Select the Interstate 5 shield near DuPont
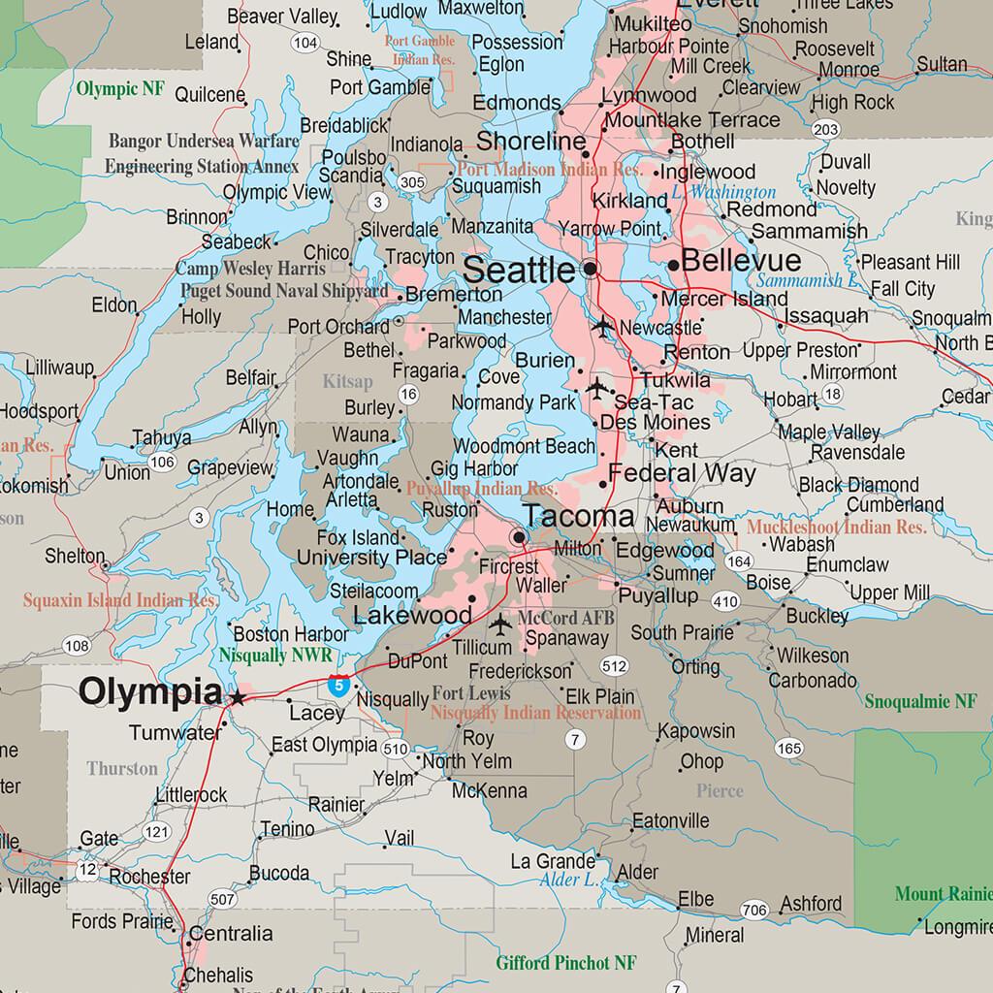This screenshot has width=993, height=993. click(336, 685)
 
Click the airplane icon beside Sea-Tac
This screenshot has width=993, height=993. click(597, 390)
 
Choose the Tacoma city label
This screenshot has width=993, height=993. click(579, 516)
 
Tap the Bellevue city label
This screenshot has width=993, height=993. click(741, 261)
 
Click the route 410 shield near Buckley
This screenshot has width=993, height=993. click(725, 601)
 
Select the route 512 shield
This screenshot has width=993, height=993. click(614, 666)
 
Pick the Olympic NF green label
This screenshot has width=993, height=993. click(120, 90)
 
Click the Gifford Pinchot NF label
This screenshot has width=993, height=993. click(566, 963)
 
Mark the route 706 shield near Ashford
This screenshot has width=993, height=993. click(753, 910)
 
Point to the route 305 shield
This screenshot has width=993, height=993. click(411, 181)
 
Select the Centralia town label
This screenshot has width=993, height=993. click(231, 934)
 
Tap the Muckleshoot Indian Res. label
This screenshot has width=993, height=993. click(837, 528)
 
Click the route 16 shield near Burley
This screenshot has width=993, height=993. click(408, 394)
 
